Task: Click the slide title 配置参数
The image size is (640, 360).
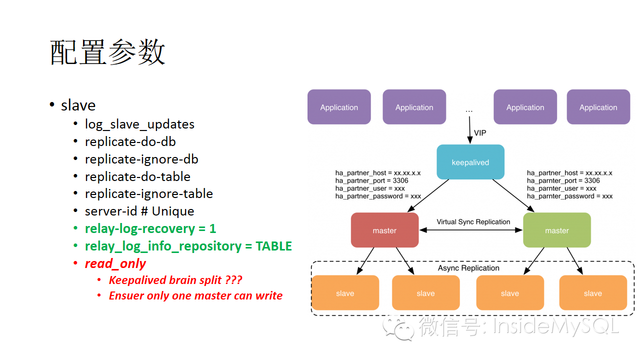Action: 107,52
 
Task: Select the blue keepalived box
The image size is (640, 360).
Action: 470,162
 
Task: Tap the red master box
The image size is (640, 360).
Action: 384,230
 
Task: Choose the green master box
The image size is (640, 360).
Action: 557,230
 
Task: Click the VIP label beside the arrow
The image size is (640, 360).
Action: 480,133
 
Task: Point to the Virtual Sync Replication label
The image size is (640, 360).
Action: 473,222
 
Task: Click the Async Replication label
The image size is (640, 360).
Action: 468,268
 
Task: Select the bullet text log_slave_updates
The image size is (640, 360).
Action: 139,124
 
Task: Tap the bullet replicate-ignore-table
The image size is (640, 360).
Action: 149,193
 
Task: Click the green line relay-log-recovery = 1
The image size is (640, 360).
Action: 150,228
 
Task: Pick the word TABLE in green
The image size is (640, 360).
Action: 273,246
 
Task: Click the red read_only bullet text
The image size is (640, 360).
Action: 115,263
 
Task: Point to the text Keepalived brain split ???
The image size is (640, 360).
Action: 175,280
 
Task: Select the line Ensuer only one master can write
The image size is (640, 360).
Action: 195,295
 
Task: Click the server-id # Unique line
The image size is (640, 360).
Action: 139,211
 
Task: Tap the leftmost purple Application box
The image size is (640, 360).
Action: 339,107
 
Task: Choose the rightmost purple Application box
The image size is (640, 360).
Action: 598,107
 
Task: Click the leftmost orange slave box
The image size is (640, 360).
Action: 345,293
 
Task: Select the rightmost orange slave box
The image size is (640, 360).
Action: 592,293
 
